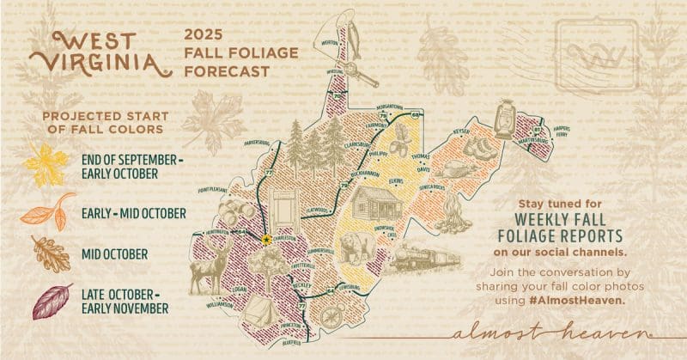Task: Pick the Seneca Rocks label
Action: click(x=427, y=186)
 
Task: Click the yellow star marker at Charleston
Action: click(x=267, y=239)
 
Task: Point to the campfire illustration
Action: click(x=453, y=215)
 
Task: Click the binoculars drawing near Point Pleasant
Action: click(x=234, y=211)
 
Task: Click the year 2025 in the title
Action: click(x=200, y=34)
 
